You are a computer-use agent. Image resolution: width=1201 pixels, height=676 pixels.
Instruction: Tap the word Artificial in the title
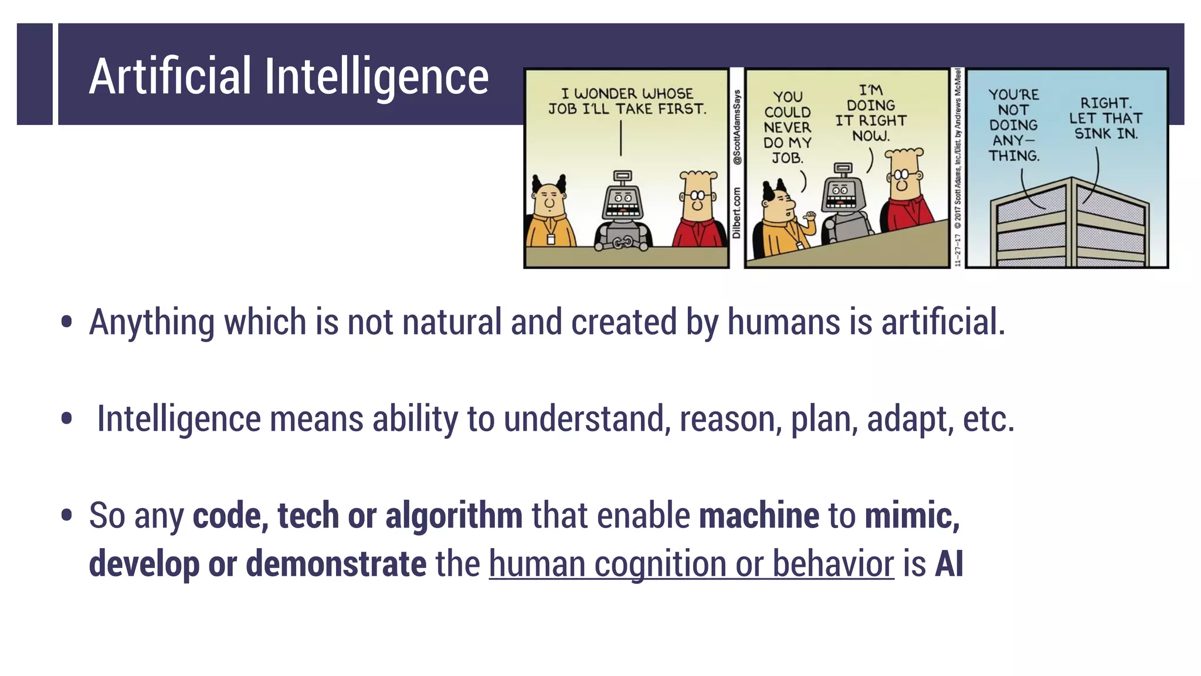170,76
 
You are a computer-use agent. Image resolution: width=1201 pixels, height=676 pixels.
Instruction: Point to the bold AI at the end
949,564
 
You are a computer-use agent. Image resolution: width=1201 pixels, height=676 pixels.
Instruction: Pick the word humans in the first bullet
783,322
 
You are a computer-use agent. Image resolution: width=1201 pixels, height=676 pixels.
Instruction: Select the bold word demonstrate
336,564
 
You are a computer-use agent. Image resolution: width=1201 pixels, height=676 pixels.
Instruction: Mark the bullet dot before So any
67,515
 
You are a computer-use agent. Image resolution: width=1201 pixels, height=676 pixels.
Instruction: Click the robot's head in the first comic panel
622,200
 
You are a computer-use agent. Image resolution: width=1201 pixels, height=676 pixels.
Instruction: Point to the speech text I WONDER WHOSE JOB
627,101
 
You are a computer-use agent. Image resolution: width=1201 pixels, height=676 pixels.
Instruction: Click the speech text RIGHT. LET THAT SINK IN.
1105,119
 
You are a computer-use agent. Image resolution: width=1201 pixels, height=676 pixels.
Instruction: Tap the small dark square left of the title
35,74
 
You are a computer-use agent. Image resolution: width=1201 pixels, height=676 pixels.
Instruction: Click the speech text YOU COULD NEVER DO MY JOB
787,127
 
